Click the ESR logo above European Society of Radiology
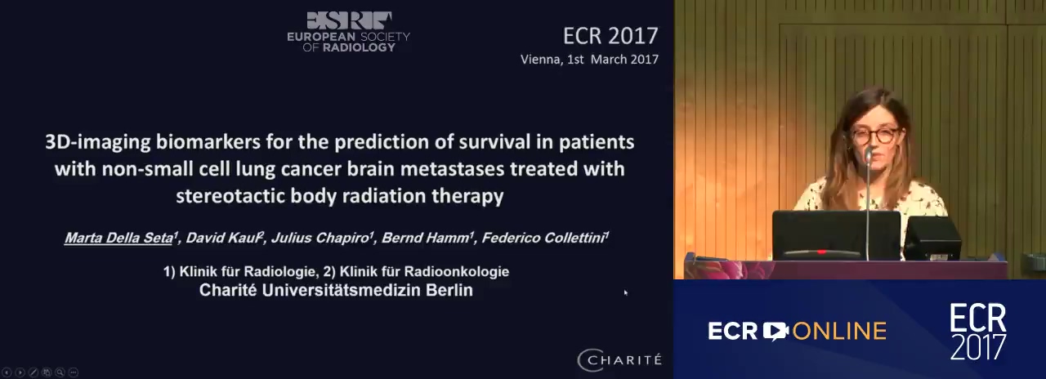click(349, 20)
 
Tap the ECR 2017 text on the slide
click(610, 36)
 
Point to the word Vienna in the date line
click(540, 60)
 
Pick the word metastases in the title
click(452, 169)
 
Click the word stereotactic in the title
click(230, 196)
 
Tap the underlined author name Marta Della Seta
click(119, 238)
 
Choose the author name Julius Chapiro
click(320, 238)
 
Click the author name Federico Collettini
click(543, 238)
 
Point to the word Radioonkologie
click(456, 272)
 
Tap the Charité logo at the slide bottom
click(619, 360)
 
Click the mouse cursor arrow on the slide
click(626, 292)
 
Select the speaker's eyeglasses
click(874, 136)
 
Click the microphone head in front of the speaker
click(869, 154)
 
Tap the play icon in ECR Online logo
click(776, 331)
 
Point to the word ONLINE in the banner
click(839, 332)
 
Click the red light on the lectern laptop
click(821, 252)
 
